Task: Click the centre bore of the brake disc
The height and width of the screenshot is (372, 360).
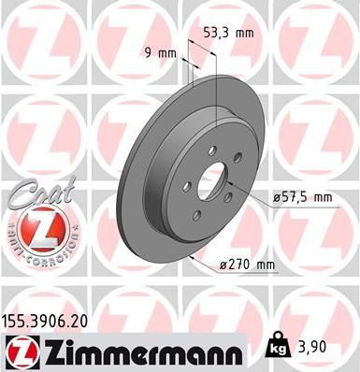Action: pyautogui.click(x=213, y=182)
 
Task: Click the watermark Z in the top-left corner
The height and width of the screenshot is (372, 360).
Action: pyautogui.click(x=37, y=37)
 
